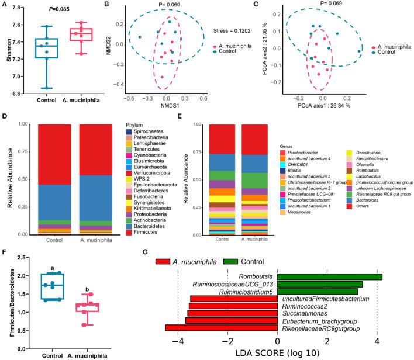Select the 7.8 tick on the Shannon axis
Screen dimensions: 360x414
tap(22, 8)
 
